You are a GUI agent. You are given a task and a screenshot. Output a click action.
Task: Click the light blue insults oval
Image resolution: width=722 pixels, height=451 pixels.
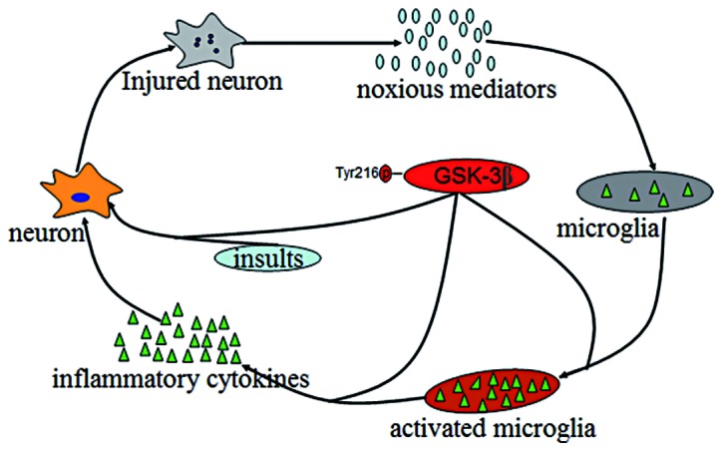266,257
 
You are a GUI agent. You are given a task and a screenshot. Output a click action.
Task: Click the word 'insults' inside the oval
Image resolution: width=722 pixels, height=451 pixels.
266,257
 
